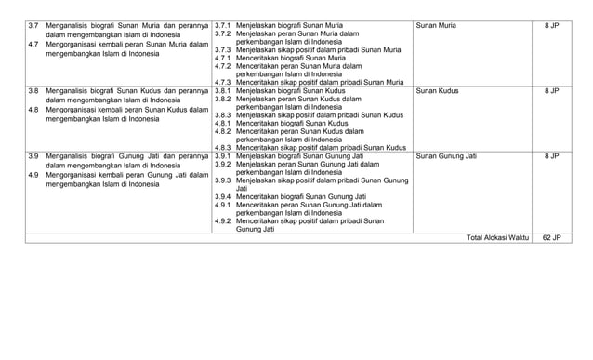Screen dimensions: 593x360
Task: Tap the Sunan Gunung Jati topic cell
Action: pyautogui.click(x=446, y=156)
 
